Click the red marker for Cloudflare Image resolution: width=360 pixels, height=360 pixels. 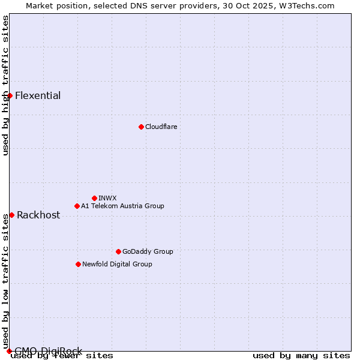pyautogui.click(x=141, y=127)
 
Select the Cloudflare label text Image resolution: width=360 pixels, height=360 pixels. pyautogui.click(x=161, y=127)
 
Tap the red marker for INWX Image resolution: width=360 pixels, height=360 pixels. pyautogui.click(x=94, y=198)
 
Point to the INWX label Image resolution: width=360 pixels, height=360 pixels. pyautogui.click(x=107, y=198)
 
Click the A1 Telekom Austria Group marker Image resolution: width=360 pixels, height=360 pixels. pyautogui.click(x=77, y=206)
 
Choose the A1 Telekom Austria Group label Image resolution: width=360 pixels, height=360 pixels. pyautogui.click(x=122, y=206)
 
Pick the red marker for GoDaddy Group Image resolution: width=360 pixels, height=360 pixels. pyautogui.click(x=118, y=251)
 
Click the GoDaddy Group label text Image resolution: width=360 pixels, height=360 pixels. pyautogui.click(x=148, y=251)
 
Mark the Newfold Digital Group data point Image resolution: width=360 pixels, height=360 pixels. pyautogui.click(x=78, y=264)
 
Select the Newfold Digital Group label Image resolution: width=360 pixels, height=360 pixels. pyautogui.click(x=117, y=264)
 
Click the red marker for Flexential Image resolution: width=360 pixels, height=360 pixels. pyautogui.click(x=10, y=95)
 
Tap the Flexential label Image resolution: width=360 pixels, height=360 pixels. pyautogui.click(x=38, y=95)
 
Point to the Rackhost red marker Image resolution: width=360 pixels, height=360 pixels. pyautogui.click(x=11, y=215)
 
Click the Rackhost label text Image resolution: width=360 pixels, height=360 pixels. pyautogui.click(x=38, y=215)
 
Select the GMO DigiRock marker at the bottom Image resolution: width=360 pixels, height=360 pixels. pyautogui.click(x=9, y=351)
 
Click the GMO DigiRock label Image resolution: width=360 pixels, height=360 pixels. pyautogui.click(x=49, y=351)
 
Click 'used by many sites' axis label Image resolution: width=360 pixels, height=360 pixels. pyautogui.click(x=301, y=356)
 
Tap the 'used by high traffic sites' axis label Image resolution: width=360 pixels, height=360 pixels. pyautogui.click(x=5, y=85)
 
